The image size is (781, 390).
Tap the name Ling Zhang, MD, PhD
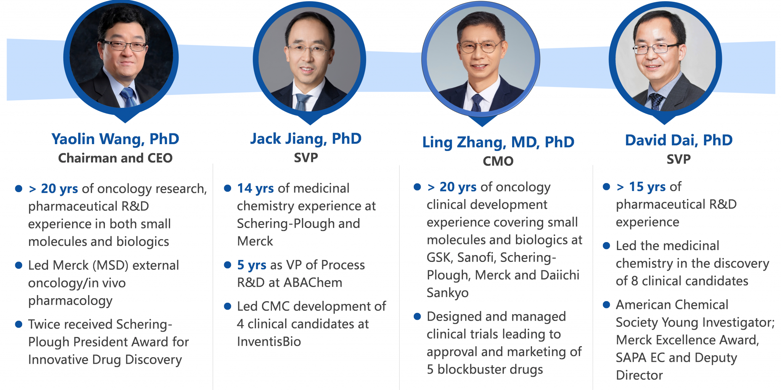coord(498,143)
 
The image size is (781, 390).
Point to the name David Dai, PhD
coord(679,140)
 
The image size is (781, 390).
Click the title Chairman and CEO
coord(115,158)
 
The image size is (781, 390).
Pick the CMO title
coord(498,161)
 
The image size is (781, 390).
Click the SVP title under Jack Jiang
coord(306,157)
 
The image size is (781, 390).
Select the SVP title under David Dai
coord(678,159)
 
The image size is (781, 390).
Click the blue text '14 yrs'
coord(256,188)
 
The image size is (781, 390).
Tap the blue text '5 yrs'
coord(252,265)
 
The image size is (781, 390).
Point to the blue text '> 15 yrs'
coord(641,187)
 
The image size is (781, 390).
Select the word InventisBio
coord(269,342)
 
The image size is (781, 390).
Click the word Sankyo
coord(448,293)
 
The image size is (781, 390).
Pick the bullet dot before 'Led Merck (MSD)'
coord(18,265)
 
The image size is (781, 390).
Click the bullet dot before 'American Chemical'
coord(606,305)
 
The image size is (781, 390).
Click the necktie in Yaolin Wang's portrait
coord(129,97)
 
